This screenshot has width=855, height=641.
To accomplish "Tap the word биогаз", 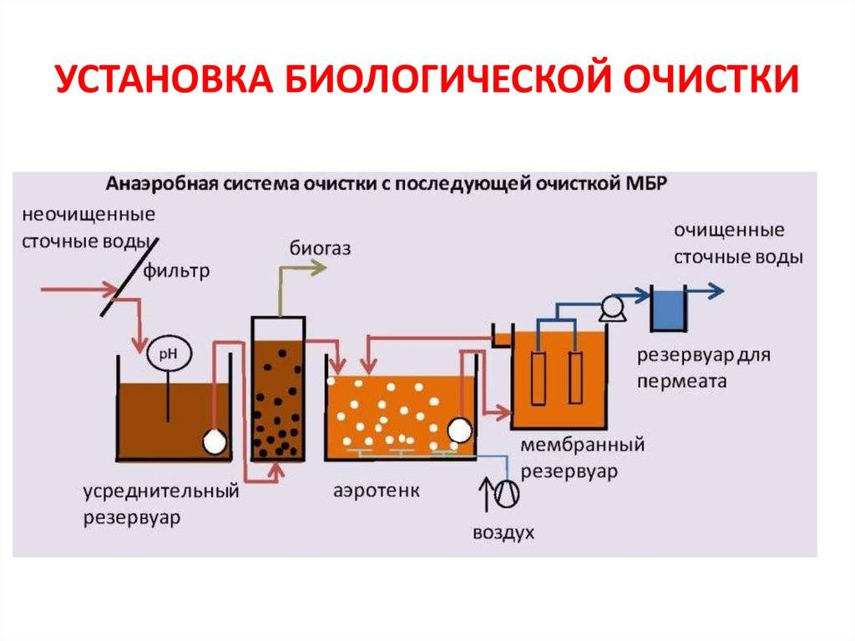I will pyautogui.click(x=321, y=247).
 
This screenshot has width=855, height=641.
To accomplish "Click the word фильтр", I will pyautogui.click(x=176, y=271).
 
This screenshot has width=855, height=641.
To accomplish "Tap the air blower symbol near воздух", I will pyautogui.click(x=506, y=493).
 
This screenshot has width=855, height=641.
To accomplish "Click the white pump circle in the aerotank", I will pyautogui.click(x=458, y=429).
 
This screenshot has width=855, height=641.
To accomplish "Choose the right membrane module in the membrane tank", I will pyautogui.click(x=575, y=377).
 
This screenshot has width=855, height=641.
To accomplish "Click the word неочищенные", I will pyautogui.click(x=89, y=213).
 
